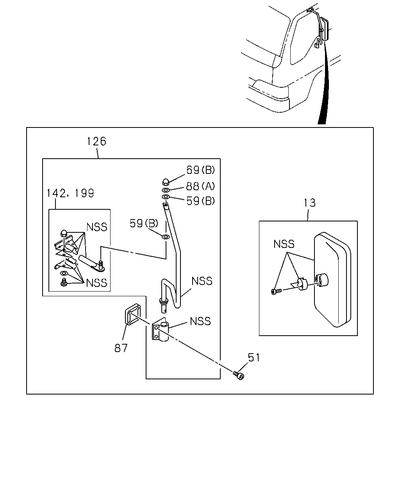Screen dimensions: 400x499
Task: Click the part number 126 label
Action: [96, 141]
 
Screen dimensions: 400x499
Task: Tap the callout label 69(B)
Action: [200, 170]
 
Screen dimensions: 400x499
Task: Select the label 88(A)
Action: [200, 186]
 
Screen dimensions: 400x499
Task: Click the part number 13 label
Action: [310, 203]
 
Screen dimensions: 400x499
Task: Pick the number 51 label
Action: [254, 357]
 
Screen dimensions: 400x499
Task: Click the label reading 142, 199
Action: [70, 193]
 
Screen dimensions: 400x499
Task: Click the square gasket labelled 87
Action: [133, 315]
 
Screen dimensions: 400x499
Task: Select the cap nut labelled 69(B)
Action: [165, 182]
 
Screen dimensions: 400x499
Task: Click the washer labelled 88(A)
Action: [166, 190]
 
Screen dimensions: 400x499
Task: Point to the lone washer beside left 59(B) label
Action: [166, 237]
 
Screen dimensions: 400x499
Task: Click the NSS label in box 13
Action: [284, 244]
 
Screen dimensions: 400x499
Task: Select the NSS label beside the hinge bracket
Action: [200, 321]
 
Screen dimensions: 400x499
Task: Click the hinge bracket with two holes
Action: [160, 329]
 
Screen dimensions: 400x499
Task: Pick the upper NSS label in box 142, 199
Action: [97, 227]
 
